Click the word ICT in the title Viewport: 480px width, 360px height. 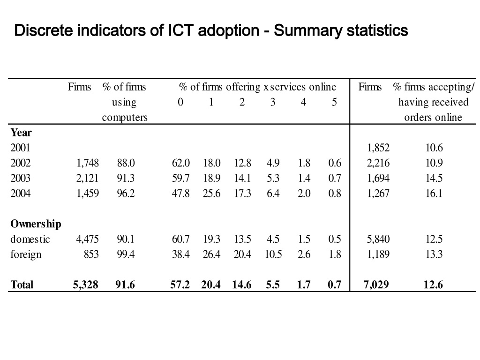[180, 30]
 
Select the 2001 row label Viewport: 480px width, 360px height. [20, 148]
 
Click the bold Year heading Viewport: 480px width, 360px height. [21, 133]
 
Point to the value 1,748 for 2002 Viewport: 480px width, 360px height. [88, 163]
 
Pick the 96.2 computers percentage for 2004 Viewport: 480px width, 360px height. [126, 194]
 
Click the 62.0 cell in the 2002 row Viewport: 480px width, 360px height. [180, 163]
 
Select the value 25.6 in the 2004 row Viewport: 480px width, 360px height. [211, 194]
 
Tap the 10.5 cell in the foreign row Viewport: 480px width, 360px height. [273, 255]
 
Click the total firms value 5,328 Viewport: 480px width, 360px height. [85, 285]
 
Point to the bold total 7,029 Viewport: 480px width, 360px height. [376, 285]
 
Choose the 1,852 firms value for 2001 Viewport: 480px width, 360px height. [378, 148]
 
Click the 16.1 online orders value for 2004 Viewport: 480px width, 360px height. [434, 194]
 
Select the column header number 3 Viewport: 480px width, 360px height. [273, 102]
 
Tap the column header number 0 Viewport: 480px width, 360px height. [180, 102]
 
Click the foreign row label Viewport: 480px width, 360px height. [26, 255]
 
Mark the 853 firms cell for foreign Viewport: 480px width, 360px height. [91, 255]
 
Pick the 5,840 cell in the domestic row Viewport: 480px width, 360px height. [378, 239]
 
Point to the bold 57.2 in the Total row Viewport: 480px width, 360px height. [180, 285]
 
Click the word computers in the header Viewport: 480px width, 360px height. [125, 118]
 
